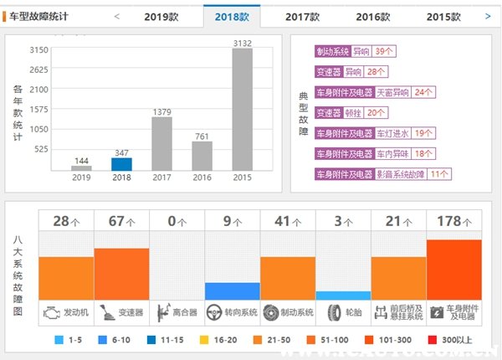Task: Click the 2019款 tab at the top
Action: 161,16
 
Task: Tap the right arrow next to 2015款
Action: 488,16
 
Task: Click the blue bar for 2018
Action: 121,163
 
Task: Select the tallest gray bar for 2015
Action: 242,109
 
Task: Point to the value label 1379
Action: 161,111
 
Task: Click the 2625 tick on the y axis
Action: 38,69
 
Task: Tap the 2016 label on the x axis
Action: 202,177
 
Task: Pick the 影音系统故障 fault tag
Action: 405,174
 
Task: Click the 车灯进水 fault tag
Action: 392,133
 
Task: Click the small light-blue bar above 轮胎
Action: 343,296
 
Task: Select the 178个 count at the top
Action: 453,222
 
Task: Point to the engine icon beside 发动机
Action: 52,312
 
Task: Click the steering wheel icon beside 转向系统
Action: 217,312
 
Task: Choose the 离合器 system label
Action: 184,312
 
